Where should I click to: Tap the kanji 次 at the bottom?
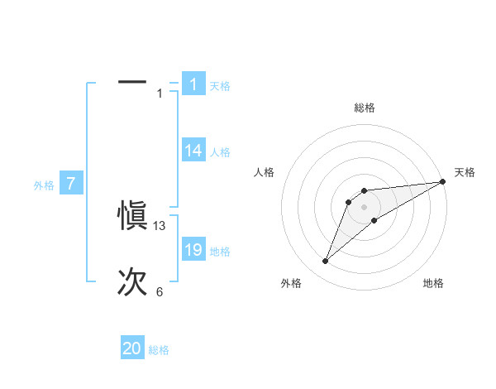coord(132,282)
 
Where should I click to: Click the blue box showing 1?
coord(193,84)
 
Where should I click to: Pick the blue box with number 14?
coord(193,151)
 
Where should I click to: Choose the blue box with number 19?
coord(193,250)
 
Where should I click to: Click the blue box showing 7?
coord(71,184)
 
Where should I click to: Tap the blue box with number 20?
coord(132,349)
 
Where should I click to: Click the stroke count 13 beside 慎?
coord(160,226)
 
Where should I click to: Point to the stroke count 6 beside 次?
coord(160,292)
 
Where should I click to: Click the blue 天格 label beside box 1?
coord(220,86)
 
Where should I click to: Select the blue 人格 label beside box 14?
coord(220,152)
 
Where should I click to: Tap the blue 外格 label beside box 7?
coord(44,185)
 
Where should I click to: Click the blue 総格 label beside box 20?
coord(159,351)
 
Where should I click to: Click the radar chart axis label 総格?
coord(365,108)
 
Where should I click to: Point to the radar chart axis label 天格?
coord(465,172)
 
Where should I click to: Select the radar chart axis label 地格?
coord(433,283)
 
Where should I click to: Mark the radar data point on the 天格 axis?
coord(442,181)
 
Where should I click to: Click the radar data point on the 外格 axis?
coord(326,262)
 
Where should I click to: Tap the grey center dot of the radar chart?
coord(365,207)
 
